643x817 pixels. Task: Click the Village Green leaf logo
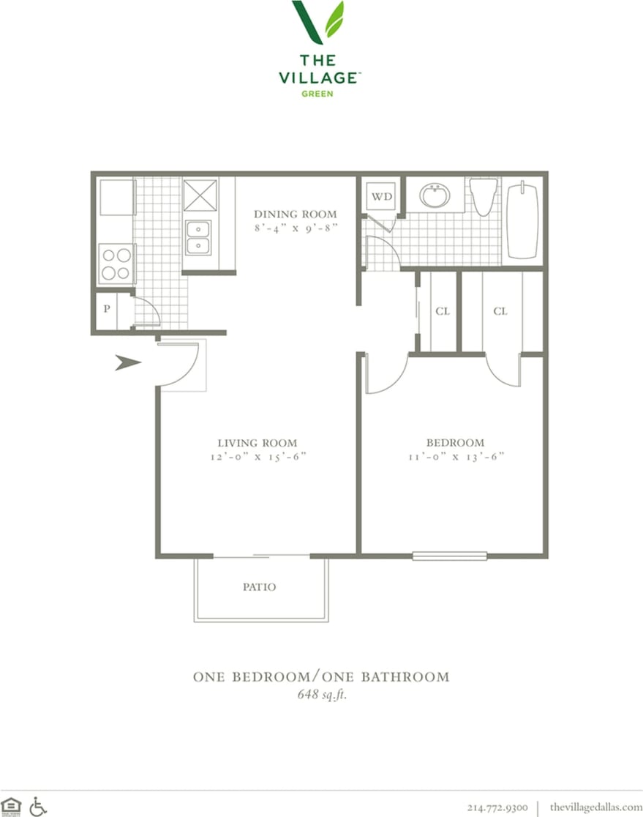click(x=317, y=23)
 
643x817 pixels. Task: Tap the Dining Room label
click(x=296, y=214)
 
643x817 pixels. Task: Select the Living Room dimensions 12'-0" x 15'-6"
click(x=257, y=457)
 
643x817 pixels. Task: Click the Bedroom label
click(x=455, y=443)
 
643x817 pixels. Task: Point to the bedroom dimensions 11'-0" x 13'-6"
click(x=455, y=457)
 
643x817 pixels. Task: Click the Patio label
click(x=260, y=587)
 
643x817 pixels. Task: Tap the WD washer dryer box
click(x=381, y=196)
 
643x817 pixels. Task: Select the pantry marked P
click(x=107, y=309)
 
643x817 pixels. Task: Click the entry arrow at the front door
click(x=128, y=362)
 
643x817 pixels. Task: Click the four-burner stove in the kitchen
click(x=116, y=264)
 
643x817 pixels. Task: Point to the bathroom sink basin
click(x=435, y=195)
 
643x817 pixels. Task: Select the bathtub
click(x=522, y=221)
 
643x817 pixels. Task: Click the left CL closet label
click(x=442, y=311)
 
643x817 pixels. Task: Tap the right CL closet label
click(x=500, y=311)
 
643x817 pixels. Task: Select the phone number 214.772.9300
click(x=497, y=807)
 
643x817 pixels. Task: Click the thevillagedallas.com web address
click(x=595, y=807)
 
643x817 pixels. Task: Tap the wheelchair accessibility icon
click(x=38, y=805)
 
